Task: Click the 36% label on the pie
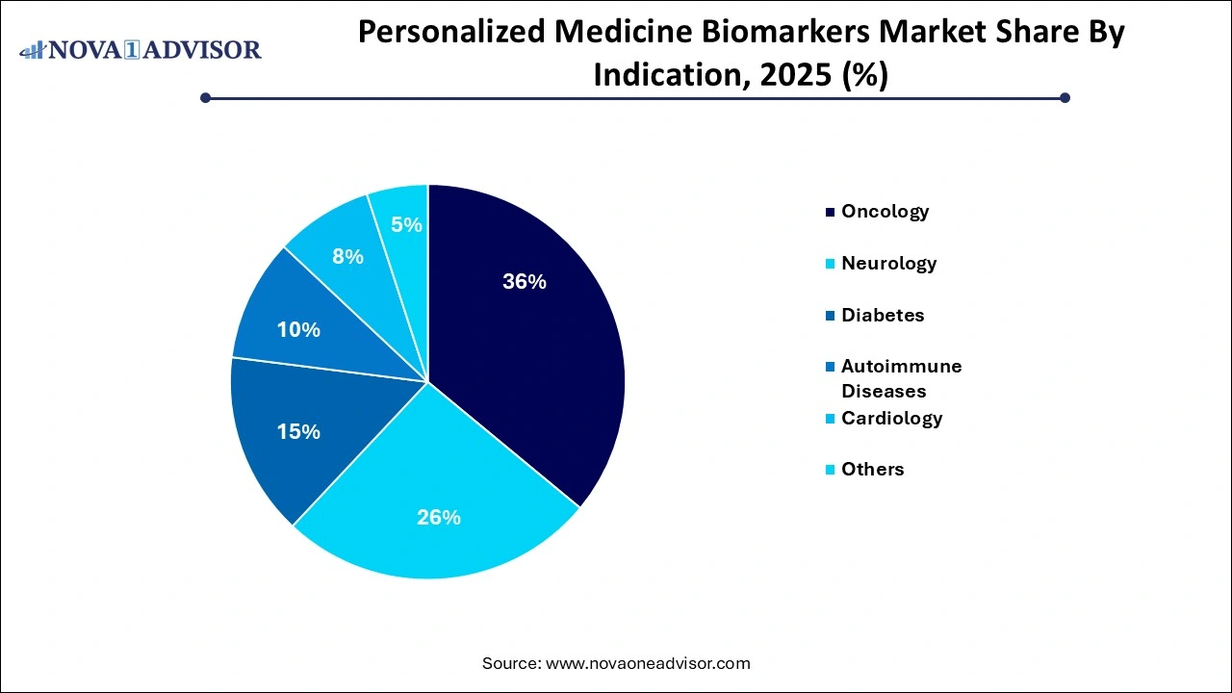coord(525,282)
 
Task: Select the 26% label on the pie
coord(438,517)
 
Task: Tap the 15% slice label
coord(298,432)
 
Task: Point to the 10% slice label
coord(298,330)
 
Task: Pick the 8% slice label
coord(347,257)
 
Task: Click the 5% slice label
coord(406,224)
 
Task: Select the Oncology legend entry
coord(885,211)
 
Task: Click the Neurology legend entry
coord(888,263)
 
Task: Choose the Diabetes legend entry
coord(883,315)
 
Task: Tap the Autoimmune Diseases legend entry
coord(901,378)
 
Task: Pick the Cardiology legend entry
coord(891,418)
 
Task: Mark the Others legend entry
coord(872,469)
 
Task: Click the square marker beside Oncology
coord(830,212)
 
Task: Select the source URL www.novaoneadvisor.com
coord(648,663)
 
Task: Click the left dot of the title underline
coord(205,97)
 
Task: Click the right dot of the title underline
coord(1065,97)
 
